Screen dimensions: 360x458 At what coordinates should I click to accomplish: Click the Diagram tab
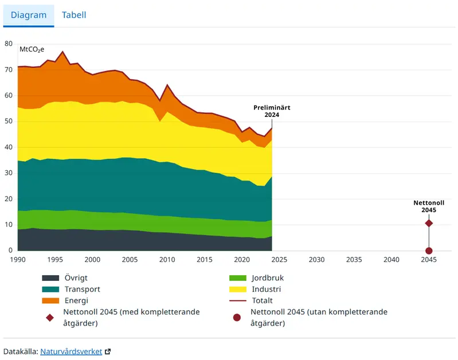click(29, 15)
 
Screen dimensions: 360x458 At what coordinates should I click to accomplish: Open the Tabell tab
click(74, 15)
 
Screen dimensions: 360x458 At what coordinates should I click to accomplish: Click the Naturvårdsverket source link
click(71, 351)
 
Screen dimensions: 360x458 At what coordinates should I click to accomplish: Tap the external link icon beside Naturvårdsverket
click(108, 351)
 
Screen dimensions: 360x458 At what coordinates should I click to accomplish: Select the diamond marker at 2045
click(429, 223)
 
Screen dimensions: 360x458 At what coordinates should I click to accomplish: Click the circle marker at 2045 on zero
click(429, 251)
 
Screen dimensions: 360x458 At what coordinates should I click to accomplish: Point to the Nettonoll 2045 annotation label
click(429, 206)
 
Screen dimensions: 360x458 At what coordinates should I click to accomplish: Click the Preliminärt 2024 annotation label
click(272, 111)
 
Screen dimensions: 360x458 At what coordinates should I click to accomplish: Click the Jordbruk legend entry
click(267, 278)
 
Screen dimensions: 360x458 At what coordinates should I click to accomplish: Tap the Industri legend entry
click(266, 289)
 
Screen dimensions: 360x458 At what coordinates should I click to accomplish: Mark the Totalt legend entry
click(262, 300)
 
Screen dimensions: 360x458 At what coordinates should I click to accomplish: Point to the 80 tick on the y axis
click(8, 44)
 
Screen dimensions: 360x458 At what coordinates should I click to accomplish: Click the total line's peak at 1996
click(62, 52)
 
